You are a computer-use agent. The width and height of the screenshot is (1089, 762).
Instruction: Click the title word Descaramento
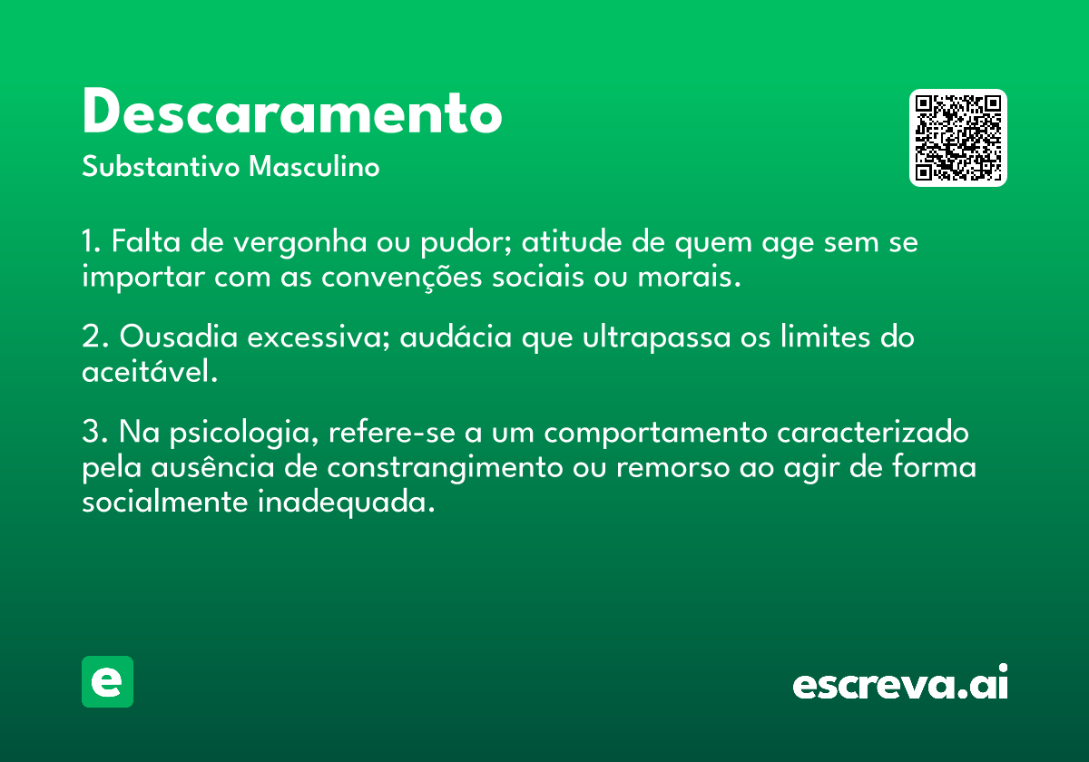(x=292, y=112)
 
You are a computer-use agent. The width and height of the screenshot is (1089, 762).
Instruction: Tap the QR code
(x=957, y=138)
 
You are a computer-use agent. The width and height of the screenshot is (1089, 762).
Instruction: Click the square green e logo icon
(x=107, y=681)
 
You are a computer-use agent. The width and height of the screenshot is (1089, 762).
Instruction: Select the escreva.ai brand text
(x=900, y=682)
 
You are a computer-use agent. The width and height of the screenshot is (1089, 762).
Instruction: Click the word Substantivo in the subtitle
(x=161, y=167)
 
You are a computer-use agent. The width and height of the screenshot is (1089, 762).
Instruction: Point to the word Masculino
(x=314, y=167)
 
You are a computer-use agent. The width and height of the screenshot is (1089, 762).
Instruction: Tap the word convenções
(x=401, y=278)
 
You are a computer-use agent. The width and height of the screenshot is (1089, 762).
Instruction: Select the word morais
(x=689, y=277)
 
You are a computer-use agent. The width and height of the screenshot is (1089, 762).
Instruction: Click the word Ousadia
(x=179, y=337)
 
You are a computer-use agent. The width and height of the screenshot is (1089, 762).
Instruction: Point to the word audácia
(x=456, y=337)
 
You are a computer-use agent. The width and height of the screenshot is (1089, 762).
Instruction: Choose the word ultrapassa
(x=657, y=337)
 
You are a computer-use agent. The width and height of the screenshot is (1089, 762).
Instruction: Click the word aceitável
(x=150, y=371)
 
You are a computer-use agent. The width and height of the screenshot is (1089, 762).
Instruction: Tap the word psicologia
(x=244, y=433)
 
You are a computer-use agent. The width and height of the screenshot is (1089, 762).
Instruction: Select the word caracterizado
(x=873, y=432)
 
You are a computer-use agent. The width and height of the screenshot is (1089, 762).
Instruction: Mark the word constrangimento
(x=445, y=468)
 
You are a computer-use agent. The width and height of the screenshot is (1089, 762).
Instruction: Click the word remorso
(x=673, y=468)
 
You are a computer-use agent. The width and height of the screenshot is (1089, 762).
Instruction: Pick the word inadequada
(x=346, y=503)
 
